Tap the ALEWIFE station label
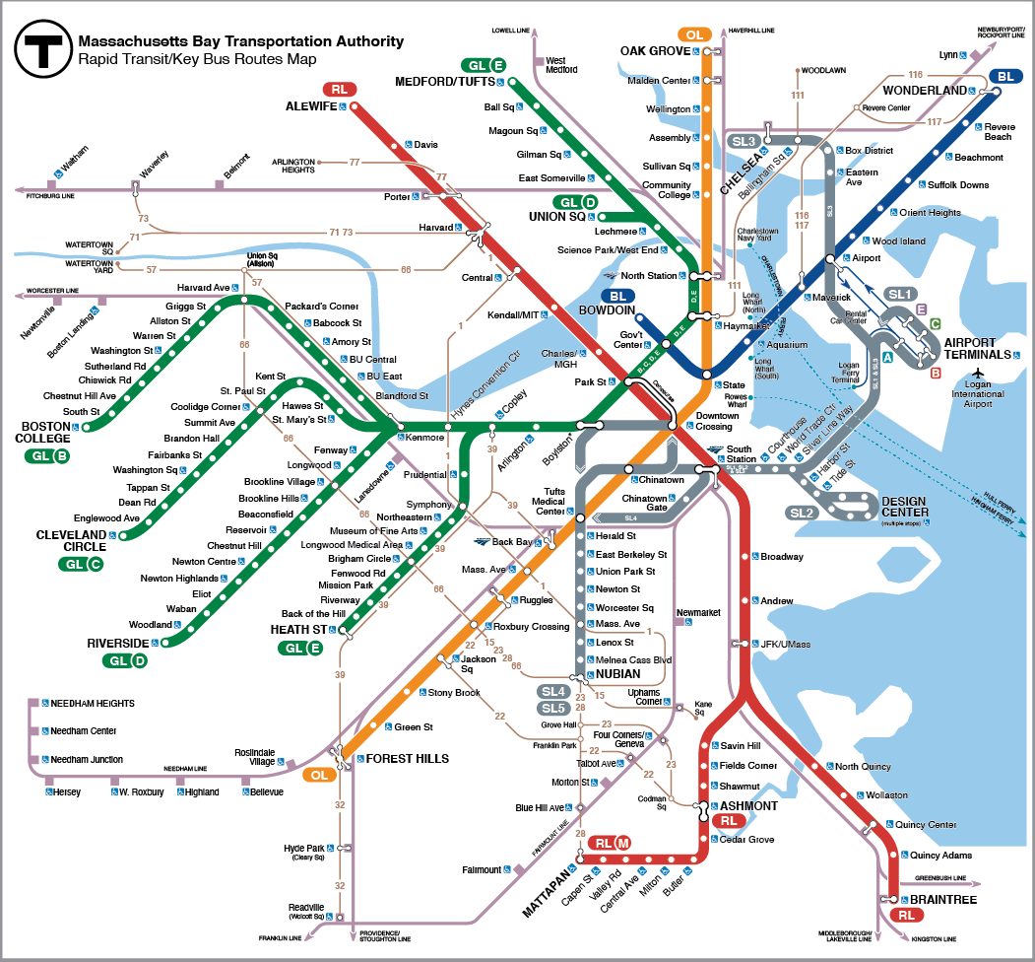pyautogui.click(x=311, y=105)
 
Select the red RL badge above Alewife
pyautogui.click(x=340, y=89)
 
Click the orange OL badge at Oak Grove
pyautogui.click(x=695, y=34)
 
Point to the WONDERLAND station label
pyautogui.click(x=926, y=91)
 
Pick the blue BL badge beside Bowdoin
pyautogui.click(x=618, y=296)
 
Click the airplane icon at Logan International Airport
pyautogui.click(x=978, y=373)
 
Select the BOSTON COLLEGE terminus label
pyautogui.click(x=45, y=433)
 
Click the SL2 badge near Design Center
pyautogui.click(x=803, y=514)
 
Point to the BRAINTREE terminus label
pyautogui.click(x=942, y=900)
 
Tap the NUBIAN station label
pyautogui.click(x=618, y=674)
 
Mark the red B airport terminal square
pyautogui.click(x=936, y=373)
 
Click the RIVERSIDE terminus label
pyautogui.click(x=117, y=643)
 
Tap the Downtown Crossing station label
pyautogui.click(x=717, y=422)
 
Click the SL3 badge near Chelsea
pyautogui.click(x=743, y=141)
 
